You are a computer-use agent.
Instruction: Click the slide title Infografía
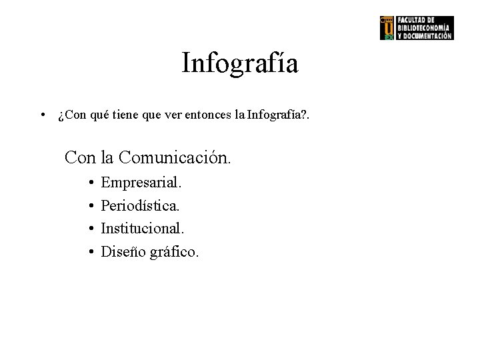click(x=240, y=64)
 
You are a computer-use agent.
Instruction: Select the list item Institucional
click(x=142, y=229)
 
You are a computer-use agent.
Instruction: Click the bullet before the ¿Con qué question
click(x=42, y=117)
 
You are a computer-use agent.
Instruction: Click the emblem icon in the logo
click(x=387, y=27)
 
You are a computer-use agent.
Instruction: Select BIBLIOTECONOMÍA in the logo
click(x=424, y=27)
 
